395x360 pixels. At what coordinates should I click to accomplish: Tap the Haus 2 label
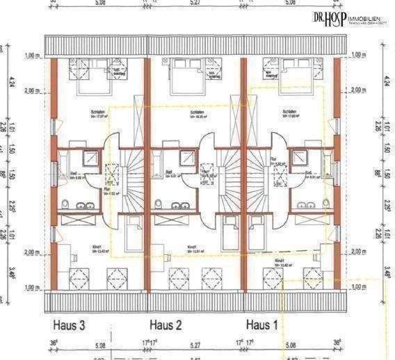point(166,325)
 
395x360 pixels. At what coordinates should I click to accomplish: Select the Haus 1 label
point(261,325)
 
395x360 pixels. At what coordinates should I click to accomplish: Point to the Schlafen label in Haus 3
point(97,111)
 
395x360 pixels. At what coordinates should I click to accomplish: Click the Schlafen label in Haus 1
point(290,111)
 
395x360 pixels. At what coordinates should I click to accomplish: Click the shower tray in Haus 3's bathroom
point(90,158)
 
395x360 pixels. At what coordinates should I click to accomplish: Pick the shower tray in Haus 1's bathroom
point(301,158)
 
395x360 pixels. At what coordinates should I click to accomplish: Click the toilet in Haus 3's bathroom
point(65,204)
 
